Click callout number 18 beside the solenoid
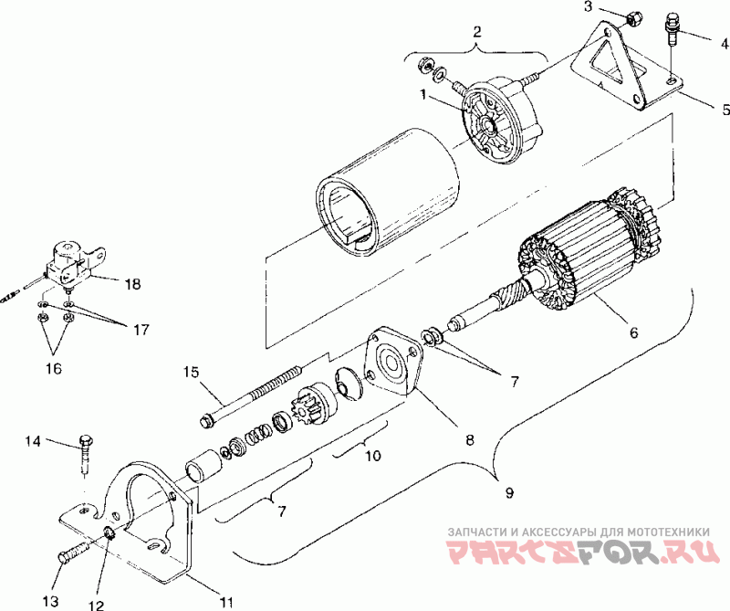tap(133, 284)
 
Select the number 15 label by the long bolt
tap(191, 372)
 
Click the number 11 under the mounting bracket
tap(226, 601)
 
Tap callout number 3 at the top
tap(589, 6)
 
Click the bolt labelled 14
tap(86, 452)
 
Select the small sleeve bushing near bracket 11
tap(200, 469)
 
